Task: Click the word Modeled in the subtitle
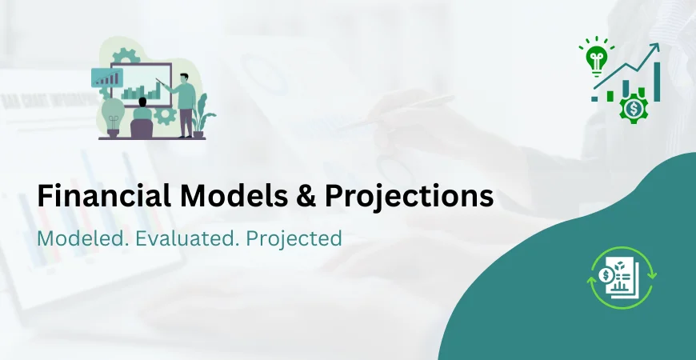78,238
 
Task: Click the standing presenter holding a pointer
186,104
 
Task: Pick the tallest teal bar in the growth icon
657,82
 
